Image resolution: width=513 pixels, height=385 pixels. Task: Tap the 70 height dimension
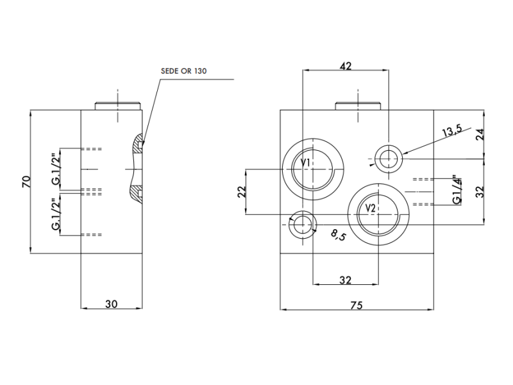tap(26, 182)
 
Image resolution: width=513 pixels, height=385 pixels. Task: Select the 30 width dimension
tap(111, 304)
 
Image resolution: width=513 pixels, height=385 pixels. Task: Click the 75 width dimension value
tap(357, 305)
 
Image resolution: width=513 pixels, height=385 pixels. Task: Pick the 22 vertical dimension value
tap(242, 191)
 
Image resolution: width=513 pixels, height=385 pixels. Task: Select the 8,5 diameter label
tap(338, 235)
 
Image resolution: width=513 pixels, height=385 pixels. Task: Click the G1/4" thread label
tap(457, 189)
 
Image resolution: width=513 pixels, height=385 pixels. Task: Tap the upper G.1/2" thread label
tap(56, 169)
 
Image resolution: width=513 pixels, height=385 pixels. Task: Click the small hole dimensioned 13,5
tap(388, 157)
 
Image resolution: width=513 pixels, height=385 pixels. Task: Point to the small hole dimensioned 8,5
tap(301, 225)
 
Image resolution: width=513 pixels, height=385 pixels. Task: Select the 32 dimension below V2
tap(346, 280)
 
